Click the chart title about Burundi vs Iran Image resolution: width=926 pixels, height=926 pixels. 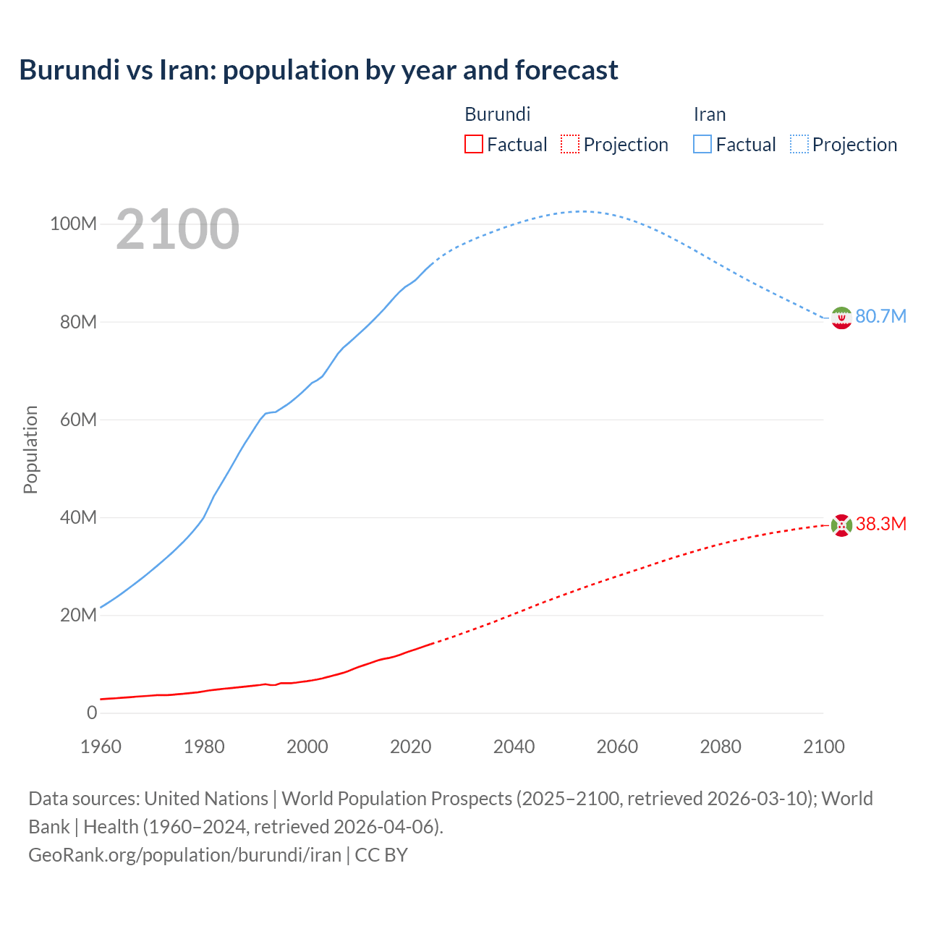[x=318, y=70]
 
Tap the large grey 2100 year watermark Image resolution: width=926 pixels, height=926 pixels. [x=177, y=229]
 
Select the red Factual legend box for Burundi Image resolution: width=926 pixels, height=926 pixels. [x=473, y=144]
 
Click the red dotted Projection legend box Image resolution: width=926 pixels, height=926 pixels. [x=570, y=144]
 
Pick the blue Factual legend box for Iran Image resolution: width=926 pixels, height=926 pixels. [x=702, y=144]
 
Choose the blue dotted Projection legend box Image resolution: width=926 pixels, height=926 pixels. [x=799, y=144]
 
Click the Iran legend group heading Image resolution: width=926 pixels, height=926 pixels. [x=709, y=114]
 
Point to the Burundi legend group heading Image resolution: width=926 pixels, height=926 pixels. [x=497, y=114]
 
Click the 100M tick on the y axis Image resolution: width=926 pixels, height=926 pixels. [x=73, y=224]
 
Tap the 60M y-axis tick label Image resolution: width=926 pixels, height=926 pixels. [x=77, y=420]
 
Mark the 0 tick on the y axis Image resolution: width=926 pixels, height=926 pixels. [x=92, y=713]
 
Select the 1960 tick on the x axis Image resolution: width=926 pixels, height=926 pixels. [x=101, y=747]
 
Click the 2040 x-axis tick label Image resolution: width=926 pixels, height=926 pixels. [x=514, y=747]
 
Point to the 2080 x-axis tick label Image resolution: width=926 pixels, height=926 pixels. [x=720, y=747]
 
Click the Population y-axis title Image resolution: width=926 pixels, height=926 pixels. [x=30, y=449]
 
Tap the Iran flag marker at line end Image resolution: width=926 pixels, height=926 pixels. [x=841, y=318]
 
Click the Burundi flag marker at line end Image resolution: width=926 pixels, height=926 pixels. [x=841, y=524]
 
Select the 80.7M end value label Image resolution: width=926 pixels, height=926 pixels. [x=880, y=316]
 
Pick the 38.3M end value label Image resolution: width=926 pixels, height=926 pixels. [x=880, y=524]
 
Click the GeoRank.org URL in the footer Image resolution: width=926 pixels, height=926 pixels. [x=184, y=854]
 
